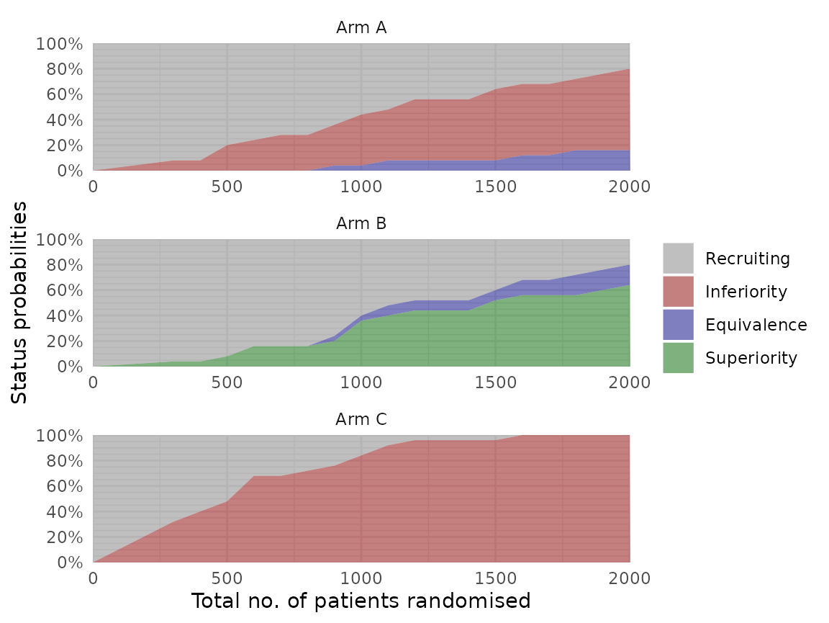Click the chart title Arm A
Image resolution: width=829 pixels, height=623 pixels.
(x=361, y=28)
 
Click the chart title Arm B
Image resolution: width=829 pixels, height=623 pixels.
(x=361, y=224)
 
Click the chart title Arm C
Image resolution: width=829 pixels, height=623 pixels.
(x=361, y=420)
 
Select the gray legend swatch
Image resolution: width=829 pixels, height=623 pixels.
(x=678, y=258)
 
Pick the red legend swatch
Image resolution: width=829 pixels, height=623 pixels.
(x=678, y=291)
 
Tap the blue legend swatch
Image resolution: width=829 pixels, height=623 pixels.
(x=678, y=324)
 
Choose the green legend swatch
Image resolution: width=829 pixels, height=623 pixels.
(x=678, y=357)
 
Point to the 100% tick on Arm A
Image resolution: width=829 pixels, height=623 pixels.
(x=59, y=45)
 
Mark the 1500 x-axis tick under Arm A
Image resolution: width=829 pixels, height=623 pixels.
(x=495, y=187)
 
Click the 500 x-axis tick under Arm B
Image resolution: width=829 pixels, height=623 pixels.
(x=227, y=382)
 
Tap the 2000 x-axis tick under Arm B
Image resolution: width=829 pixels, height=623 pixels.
(x=629, y=382)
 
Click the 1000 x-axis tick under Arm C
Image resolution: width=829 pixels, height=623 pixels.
(x=361, y=578)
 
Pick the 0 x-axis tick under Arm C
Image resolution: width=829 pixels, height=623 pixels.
(x=93, y=578)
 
